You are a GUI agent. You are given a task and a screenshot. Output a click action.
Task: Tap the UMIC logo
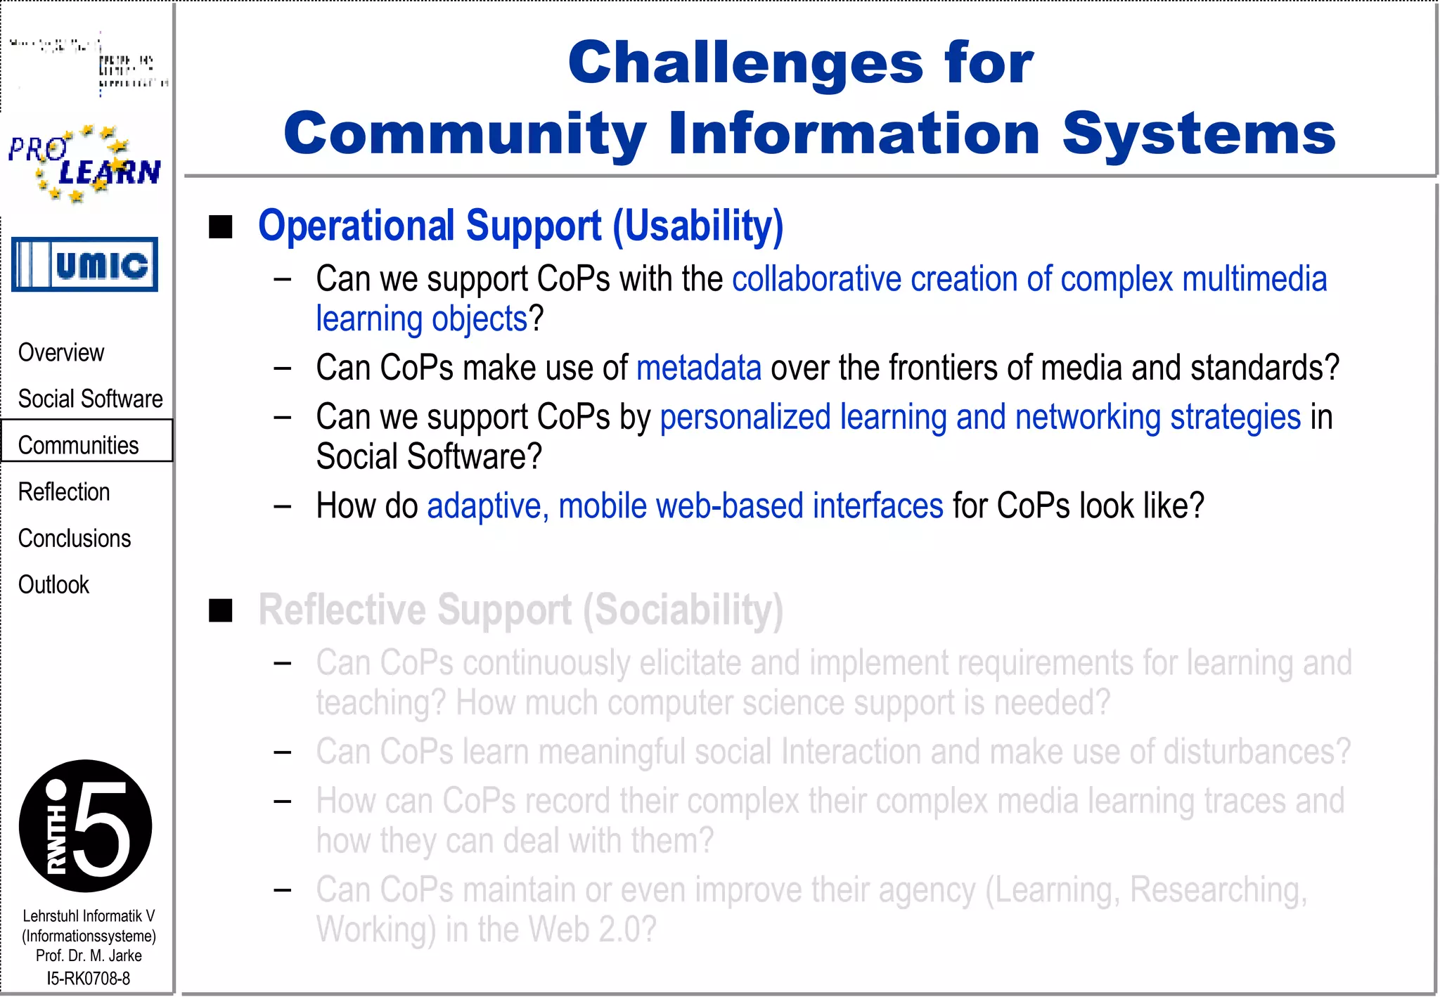coord(85,264)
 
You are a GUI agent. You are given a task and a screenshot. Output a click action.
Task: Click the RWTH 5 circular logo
coord(85,825)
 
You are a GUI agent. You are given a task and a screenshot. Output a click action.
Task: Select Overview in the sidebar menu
coord(61,352)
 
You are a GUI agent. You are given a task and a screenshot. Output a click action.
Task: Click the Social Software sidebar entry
coord(90,399)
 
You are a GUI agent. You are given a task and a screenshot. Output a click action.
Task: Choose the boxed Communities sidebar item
coord(79,444)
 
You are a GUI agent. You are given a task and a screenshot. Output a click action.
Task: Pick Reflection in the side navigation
coord(64,491)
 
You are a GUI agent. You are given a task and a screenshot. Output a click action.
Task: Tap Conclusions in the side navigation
coord(75,538)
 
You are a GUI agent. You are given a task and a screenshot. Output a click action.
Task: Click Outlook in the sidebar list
coord(53,584)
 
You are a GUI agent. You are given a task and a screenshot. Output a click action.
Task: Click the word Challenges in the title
coord(745,63)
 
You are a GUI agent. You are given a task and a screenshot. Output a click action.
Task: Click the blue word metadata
coord(698,368)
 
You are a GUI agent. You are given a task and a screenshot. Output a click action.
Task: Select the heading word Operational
coord(356,226)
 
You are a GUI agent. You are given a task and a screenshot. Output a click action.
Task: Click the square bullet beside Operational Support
coord(221,227)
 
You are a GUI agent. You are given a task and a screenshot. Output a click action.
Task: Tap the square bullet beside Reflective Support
coord(221,610)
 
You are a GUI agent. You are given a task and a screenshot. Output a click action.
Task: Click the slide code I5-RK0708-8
coord(88,978)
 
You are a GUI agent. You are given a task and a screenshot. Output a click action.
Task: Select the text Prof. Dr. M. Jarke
coord(89,956)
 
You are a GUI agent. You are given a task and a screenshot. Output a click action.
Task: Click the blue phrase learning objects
coord(421,319)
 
